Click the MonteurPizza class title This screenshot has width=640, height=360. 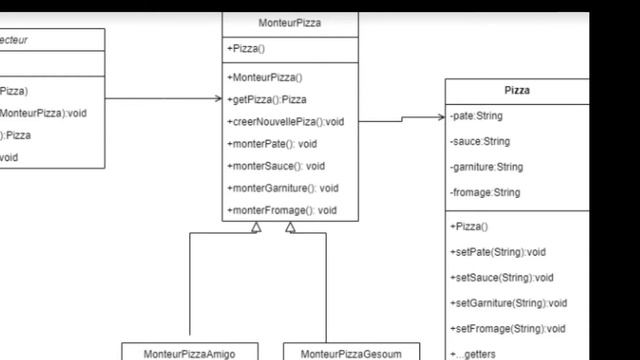[290, 23]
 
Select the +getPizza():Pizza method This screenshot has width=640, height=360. [267, 99]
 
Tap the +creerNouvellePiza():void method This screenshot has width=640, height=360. [285, 121]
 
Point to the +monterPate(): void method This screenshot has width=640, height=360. [272, 143]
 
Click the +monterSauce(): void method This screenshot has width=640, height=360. [276, 165]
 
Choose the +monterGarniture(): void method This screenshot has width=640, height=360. [283, 187]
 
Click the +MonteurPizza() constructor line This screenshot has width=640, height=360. [264, 77]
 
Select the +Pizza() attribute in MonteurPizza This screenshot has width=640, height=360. [247, 48]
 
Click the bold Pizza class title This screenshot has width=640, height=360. [517, 90]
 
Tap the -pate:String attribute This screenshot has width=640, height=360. [477, 116]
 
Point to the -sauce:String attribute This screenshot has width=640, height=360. [480, 141]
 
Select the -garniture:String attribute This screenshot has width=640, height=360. [487, 167]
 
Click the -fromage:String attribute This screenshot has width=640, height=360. [484, 192]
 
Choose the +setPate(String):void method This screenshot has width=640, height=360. [498, 252]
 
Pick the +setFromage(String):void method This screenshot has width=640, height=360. [508, 328]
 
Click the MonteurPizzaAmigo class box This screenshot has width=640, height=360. [188, 353]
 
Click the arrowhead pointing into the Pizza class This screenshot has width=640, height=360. [441, 117]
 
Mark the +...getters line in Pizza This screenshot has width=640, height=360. [473, 353]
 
